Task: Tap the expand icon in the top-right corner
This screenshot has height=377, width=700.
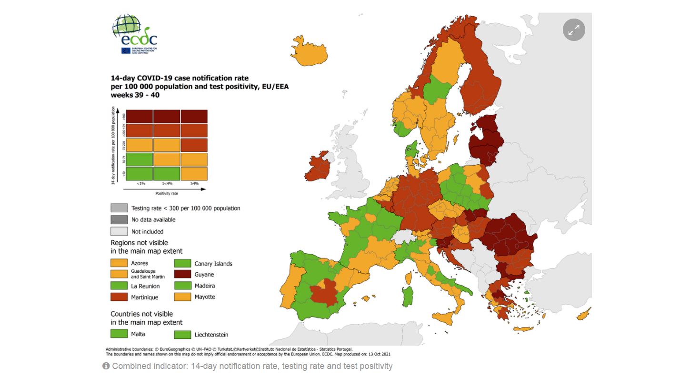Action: (574, 30)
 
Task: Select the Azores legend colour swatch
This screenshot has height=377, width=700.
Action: (119, 263)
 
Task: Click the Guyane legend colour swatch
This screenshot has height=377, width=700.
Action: (182, 275)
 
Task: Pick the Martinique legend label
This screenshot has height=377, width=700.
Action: (144, 298)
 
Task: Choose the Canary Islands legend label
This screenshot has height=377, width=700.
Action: (213, 264)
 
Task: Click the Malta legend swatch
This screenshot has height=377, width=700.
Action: (119, 334)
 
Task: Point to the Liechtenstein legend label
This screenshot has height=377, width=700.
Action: (211, 335)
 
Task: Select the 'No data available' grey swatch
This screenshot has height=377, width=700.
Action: (119, 219)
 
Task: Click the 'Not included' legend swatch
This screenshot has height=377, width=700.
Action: (119, 231)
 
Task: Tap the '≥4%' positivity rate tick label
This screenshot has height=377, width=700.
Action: (194, 183)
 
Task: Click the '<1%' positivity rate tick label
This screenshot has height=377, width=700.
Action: (141, 183)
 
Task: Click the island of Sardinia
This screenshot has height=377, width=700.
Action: (408, 296)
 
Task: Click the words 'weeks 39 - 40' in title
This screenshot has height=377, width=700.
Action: (135, 95)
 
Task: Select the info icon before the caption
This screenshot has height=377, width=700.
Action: (106, 366)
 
